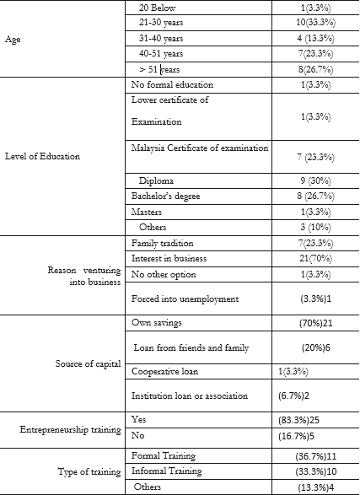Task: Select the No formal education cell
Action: (173, 86)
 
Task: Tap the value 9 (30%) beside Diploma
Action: (311, 180)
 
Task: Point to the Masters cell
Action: (148, 212)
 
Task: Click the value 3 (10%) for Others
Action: (311, 228)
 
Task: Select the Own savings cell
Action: (157, 323)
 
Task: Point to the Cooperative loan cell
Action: (168, 372)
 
